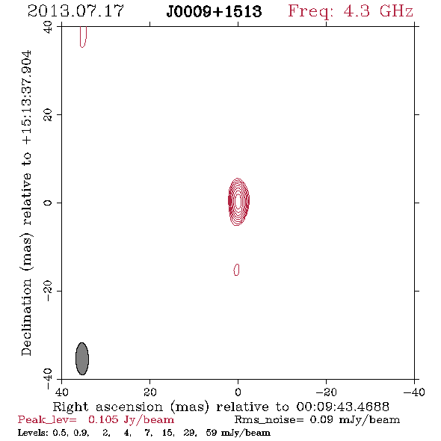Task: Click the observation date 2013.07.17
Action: [x=75, y=11]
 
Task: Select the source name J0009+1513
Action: [x=214, y=12]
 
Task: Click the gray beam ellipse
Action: [x=82, y=359]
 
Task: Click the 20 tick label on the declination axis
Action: [x=48, y=115]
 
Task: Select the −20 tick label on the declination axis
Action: [x=48, y=291]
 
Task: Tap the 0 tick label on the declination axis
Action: [x=48, y=203]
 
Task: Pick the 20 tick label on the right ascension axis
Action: [x=150, y=392]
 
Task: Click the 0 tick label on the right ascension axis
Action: [x=238, y=392]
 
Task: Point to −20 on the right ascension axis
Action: [x=326, y=392]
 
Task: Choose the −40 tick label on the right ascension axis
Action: [x=414, y=392]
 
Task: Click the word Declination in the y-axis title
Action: [x=26, y=317]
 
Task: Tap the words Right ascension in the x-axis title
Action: [x=108, y=407]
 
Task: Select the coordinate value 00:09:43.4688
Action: [x=342, y=407]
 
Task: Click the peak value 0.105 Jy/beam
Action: [x=131, y=420]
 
